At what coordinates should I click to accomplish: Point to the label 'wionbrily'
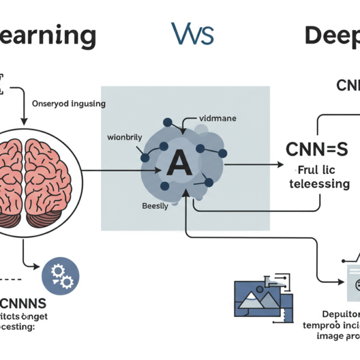coord(124,137)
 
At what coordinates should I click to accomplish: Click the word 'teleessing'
coord(319,184)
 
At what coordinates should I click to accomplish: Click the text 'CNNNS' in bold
coord(24,302)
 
